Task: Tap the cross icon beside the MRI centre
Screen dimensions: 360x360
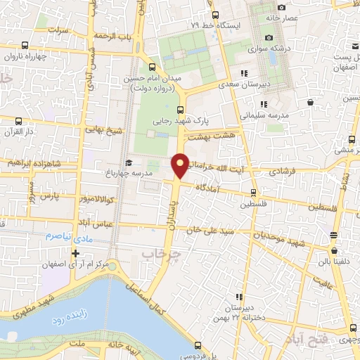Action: coord(75,253)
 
